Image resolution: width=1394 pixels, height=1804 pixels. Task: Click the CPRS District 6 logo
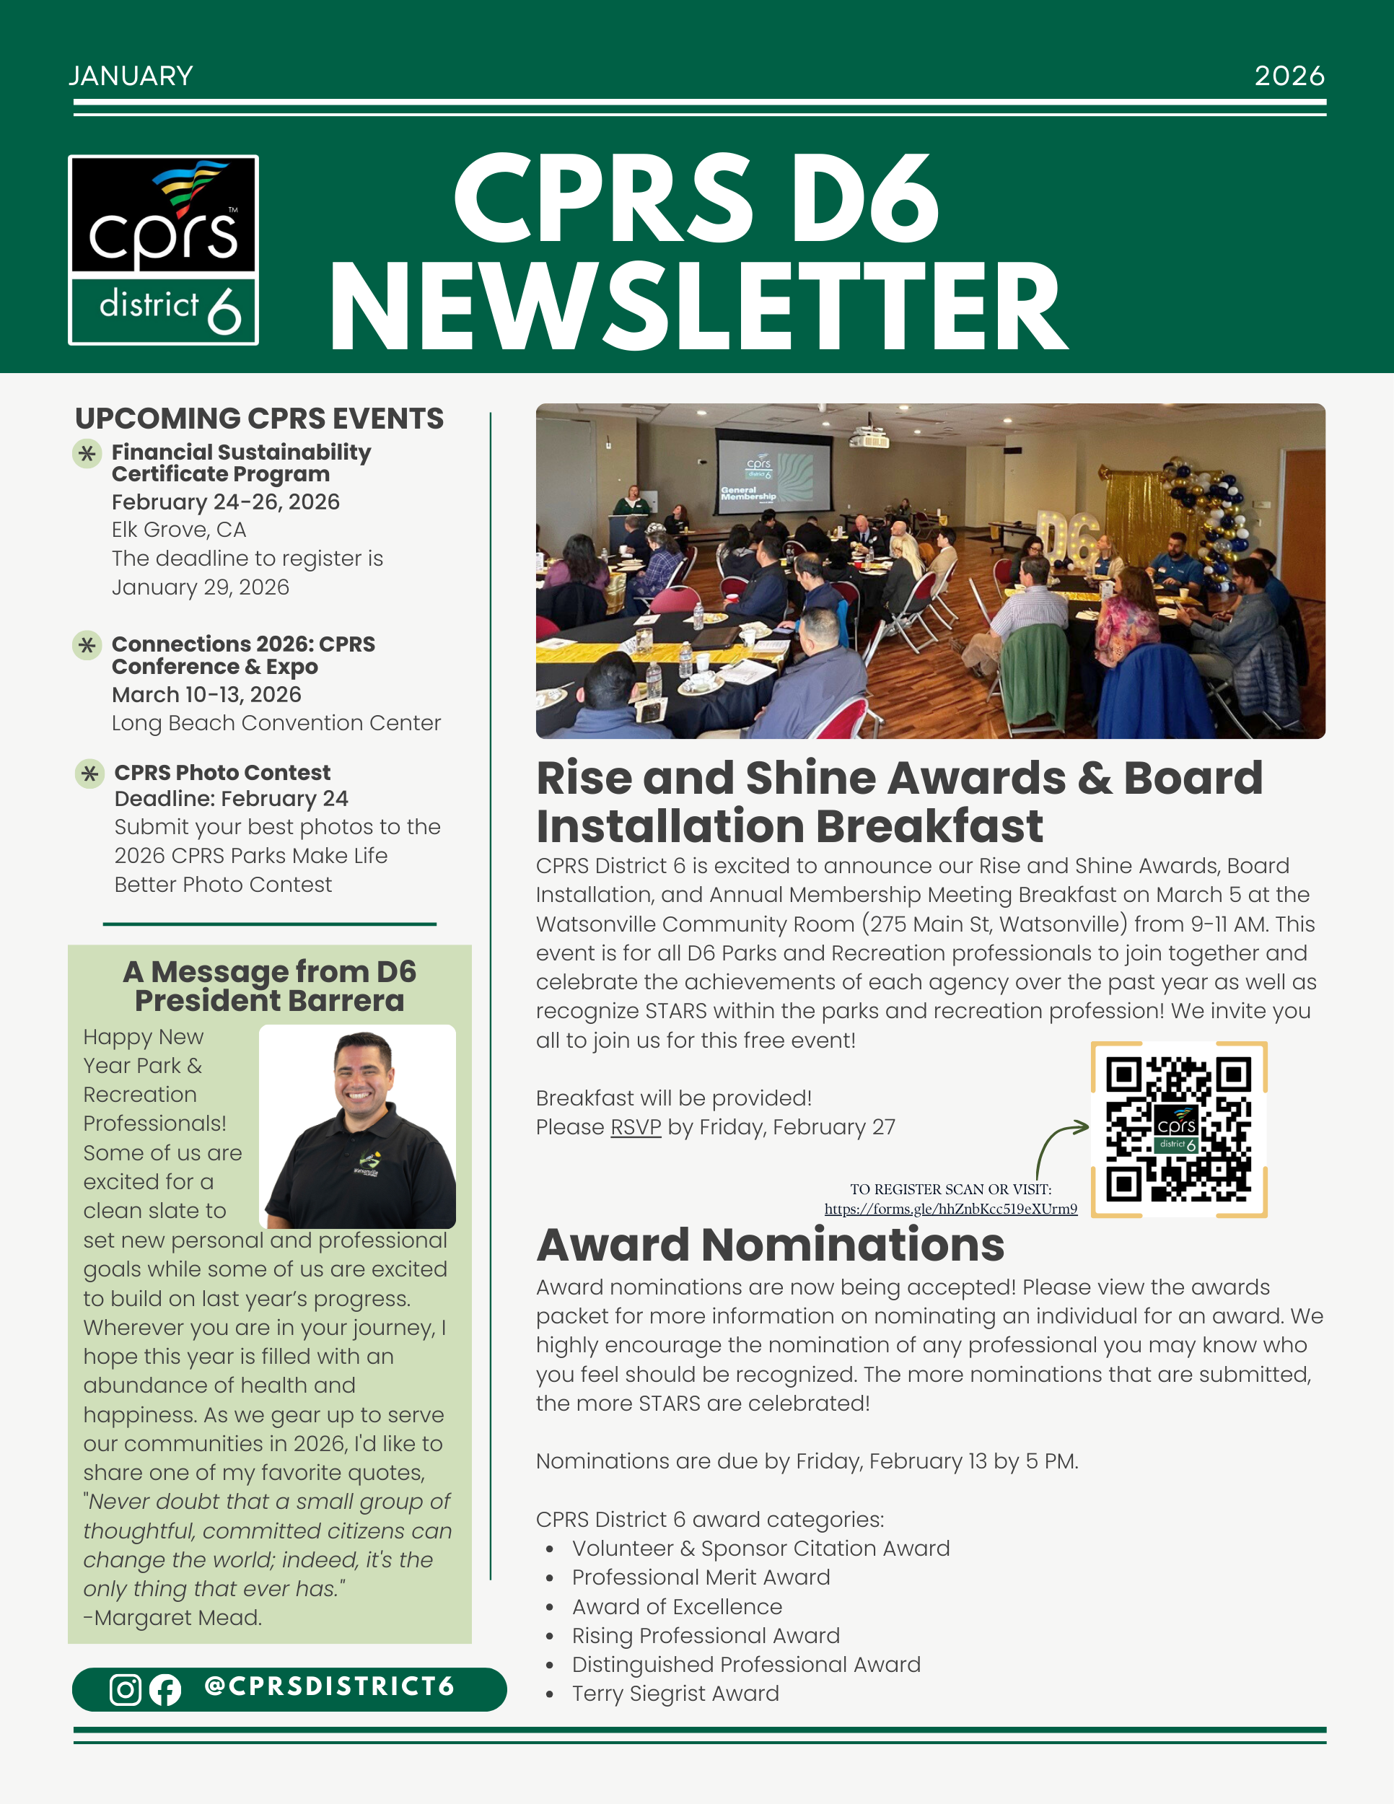pos(164,250)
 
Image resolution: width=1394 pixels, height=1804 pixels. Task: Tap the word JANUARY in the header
pos(131,76)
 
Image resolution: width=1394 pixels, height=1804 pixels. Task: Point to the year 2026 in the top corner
pos(1289,76)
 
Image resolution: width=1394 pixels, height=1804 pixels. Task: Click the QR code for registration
pos(1178,1129)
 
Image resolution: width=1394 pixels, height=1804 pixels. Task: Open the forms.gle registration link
pos(950,1209)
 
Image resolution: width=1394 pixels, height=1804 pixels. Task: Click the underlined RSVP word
pos(635,1127)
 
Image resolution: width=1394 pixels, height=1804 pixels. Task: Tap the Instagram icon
pos(126,1689)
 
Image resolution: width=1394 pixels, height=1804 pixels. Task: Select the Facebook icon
pos(165,1690)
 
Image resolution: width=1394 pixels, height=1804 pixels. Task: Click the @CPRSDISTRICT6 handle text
pos(330,1686)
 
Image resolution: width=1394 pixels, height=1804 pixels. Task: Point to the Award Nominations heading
pos(770,1245)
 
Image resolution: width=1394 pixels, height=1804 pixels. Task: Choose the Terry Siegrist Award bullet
pos(675,1694)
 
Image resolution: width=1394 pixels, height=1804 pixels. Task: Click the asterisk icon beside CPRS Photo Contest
pos(89,774)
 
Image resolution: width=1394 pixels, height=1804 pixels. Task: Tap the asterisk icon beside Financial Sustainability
pos(87,453)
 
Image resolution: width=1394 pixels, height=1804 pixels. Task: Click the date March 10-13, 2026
pos(206,695)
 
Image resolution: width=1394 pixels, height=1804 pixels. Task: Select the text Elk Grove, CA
pos(178,530)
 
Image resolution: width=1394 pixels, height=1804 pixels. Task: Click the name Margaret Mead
pos(177,1618)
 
